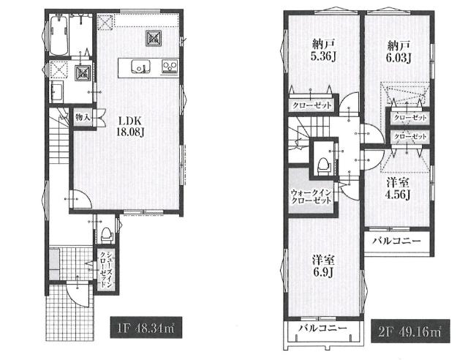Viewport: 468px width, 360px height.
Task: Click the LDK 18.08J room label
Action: pyautogui.click(x=130, y=127)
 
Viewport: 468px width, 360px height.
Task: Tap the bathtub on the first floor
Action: pyautogui.click(x=58, y=35)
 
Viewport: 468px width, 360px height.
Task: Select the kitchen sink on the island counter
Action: pyautogui.click(x=141, y=66)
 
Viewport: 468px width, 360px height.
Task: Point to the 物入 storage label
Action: pyautogui.click(x=83, y=117)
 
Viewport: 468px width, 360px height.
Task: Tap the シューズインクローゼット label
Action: pyautogui.click(x=106, y=269)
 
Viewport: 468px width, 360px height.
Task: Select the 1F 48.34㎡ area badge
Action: pyautogui.click(x=146, y=327)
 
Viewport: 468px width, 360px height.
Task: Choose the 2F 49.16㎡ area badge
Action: pyautogui.click(x=410, y=331)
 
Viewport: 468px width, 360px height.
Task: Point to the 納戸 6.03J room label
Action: pyautogui.click(x=399, y=52)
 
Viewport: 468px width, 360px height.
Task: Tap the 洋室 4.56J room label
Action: pyautogui.click(x=398, y=188)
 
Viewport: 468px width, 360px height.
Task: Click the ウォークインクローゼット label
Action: pyautogui.click(x=311, y=196)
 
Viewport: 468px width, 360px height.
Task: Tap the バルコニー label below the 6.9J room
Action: pyautogui.click(x=322, y=328)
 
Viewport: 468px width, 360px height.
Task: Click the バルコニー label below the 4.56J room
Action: pyautogui.click(x=396, y=241)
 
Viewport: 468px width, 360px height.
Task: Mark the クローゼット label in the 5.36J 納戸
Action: pyautogui.click(x=312, y=105)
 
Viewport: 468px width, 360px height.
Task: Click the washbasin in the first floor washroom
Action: pyautogui.click(x=56, y=92)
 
